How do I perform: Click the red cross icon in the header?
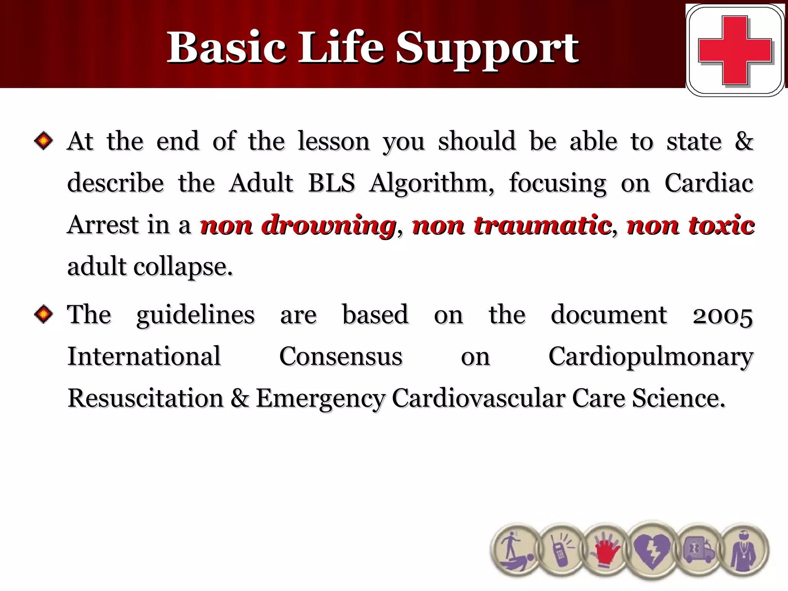click(x=735, y=50)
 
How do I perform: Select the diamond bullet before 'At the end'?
click(x=43, y=141)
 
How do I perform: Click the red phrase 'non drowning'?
click(x=298, y=225)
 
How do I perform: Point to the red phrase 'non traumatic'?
click(x=512, y=225)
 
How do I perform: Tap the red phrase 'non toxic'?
click(x=690, y=225)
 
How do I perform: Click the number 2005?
click(x=723, y=316)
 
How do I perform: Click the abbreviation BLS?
click(x=331, y=183)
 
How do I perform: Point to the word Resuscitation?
click(x=145, y=399)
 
